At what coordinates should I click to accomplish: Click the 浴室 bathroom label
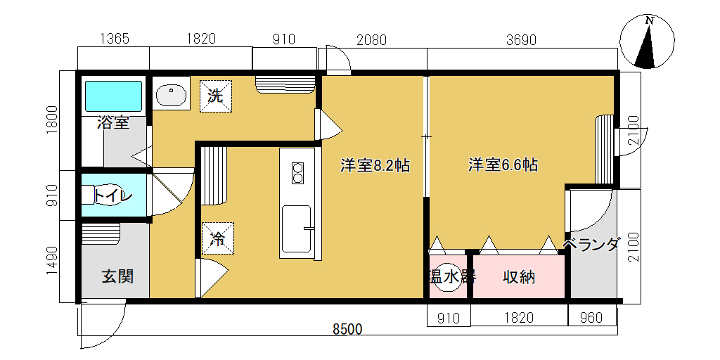(x=113, y=122)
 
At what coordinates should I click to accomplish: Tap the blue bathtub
(x=114, y=96)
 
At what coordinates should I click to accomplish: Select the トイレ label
(x=113, y=195)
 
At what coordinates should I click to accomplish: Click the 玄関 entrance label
(x=117, y=276)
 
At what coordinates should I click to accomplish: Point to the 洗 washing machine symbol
(x=215, y=96)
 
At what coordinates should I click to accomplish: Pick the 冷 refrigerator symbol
(x=218, y=238)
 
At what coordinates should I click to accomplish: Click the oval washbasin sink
(x=172, y=96)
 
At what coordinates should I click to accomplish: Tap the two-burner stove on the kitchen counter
(x=298, y=174)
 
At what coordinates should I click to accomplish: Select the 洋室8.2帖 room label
(x=375, y=165)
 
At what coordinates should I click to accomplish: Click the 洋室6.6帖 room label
(x=503, y=165)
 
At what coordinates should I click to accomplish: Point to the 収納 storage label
(x=519, y=277)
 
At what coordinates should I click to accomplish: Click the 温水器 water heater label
(x=452, y=277)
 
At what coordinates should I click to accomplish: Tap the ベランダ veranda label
(x=591, y=244)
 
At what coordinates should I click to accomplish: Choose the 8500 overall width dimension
(x=347, y=329)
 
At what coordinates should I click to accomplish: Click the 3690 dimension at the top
(x=521, y=40)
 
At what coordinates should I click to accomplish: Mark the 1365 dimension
(x=115, y=39)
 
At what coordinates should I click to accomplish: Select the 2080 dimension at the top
(x=371, y=40)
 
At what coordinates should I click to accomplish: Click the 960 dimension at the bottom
(x=591, y=318)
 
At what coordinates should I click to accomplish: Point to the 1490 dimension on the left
(x=53, y=261)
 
